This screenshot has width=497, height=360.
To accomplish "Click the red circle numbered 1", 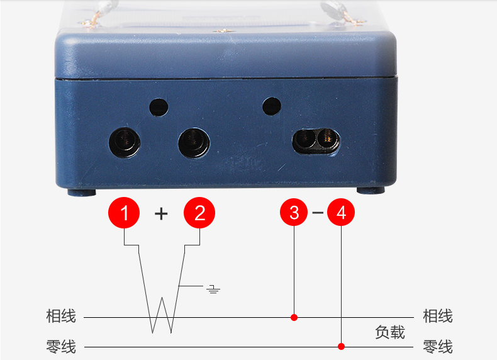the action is click(x=124, y=213).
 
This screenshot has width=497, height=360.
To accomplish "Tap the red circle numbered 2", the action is click(x=199, y=213).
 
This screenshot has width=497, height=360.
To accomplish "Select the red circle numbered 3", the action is click(x=294, y=212).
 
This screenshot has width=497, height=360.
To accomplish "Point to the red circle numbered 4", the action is click(x=341, y=212).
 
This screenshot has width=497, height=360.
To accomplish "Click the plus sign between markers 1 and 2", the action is click(x=161, y=213).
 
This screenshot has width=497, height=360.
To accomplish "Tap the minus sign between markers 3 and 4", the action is click(x=318, y=212).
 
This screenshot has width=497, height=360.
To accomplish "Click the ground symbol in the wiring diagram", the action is click(x=213, y=289).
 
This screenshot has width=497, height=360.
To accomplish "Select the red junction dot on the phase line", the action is click(x=294, y=317).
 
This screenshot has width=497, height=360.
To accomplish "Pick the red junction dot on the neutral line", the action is click(x=341, y=346).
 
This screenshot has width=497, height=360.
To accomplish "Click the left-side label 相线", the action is click(x=61, y=316).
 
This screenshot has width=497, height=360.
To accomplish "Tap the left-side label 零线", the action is click(x=61, y=346).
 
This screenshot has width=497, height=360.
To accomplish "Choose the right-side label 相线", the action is click(x=438, y=316).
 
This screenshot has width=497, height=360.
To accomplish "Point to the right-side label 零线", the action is click(x=438, y=346).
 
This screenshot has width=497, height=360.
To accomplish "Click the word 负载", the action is click(x=390, y=332).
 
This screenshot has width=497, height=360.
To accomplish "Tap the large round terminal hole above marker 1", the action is click(x=125, y=142).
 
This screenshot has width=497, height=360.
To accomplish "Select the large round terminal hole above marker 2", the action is click(x=194, y=142).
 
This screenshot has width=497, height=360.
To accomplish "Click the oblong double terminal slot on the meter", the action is click(x=316, y=141).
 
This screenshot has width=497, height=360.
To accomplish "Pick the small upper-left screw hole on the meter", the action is click(x=159, y=107).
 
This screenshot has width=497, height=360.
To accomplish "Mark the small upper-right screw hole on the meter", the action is click(x=272, y=106).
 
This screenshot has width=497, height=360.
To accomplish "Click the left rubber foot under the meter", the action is click(x=82, y=192).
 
